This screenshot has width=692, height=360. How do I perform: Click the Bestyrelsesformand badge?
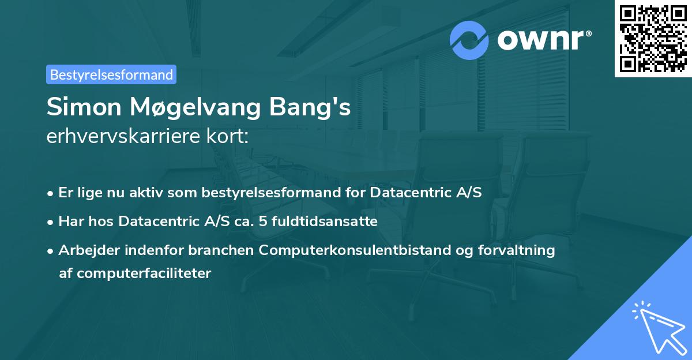tap(111, 74)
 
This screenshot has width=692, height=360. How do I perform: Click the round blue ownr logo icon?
tap(469, 40)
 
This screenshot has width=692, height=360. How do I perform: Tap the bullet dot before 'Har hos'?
tap(51, 222)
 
